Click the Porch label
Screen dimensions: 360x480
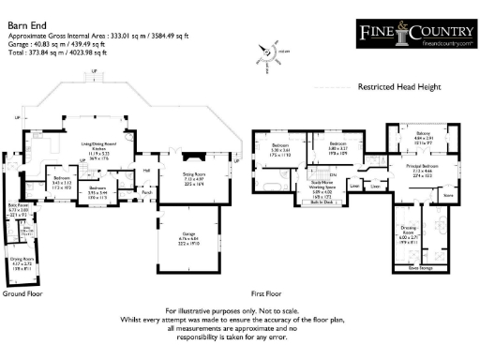pos(146,192)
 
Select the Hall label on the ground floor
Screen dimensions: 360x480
pos(147,170)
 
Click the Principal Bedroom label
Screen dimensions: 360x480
pos(427,169)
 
